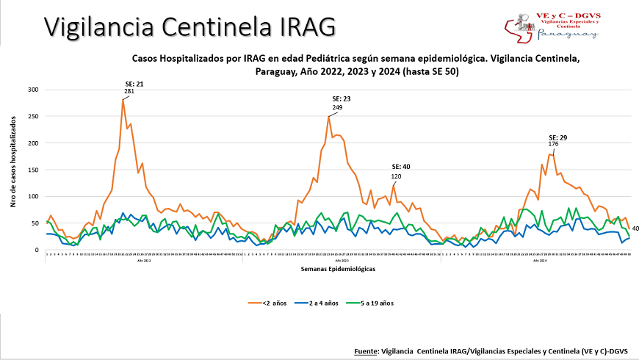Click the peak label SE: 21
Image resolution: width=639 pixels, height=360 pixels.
coord(134,84)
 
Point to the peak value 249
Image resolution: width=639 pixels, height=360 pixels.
coord(337,107)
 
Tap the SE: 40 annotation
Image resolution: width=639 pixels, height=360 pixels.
coord(400,167)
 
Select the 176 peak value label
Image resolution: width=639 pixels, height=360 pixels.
coord(555,144)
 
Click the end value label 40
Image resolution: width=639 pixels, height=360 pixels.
coord(635,228)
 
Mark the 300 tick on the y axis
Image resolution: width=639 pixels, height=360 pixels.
coord(32,90)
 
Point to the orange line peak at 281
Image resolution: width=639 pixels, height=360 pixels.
coord(123,99)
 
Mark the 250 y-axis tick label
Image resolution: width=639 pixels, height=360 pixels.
coord(32,116)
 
